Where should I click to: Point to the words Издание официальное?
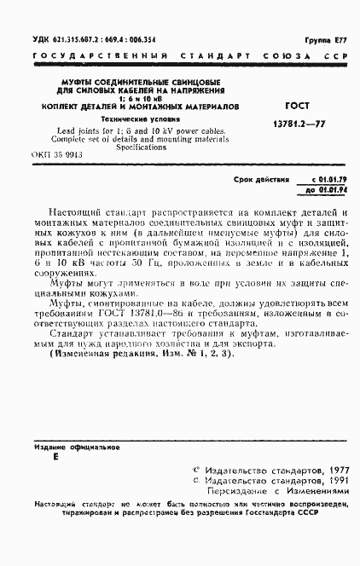(77, 446)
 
